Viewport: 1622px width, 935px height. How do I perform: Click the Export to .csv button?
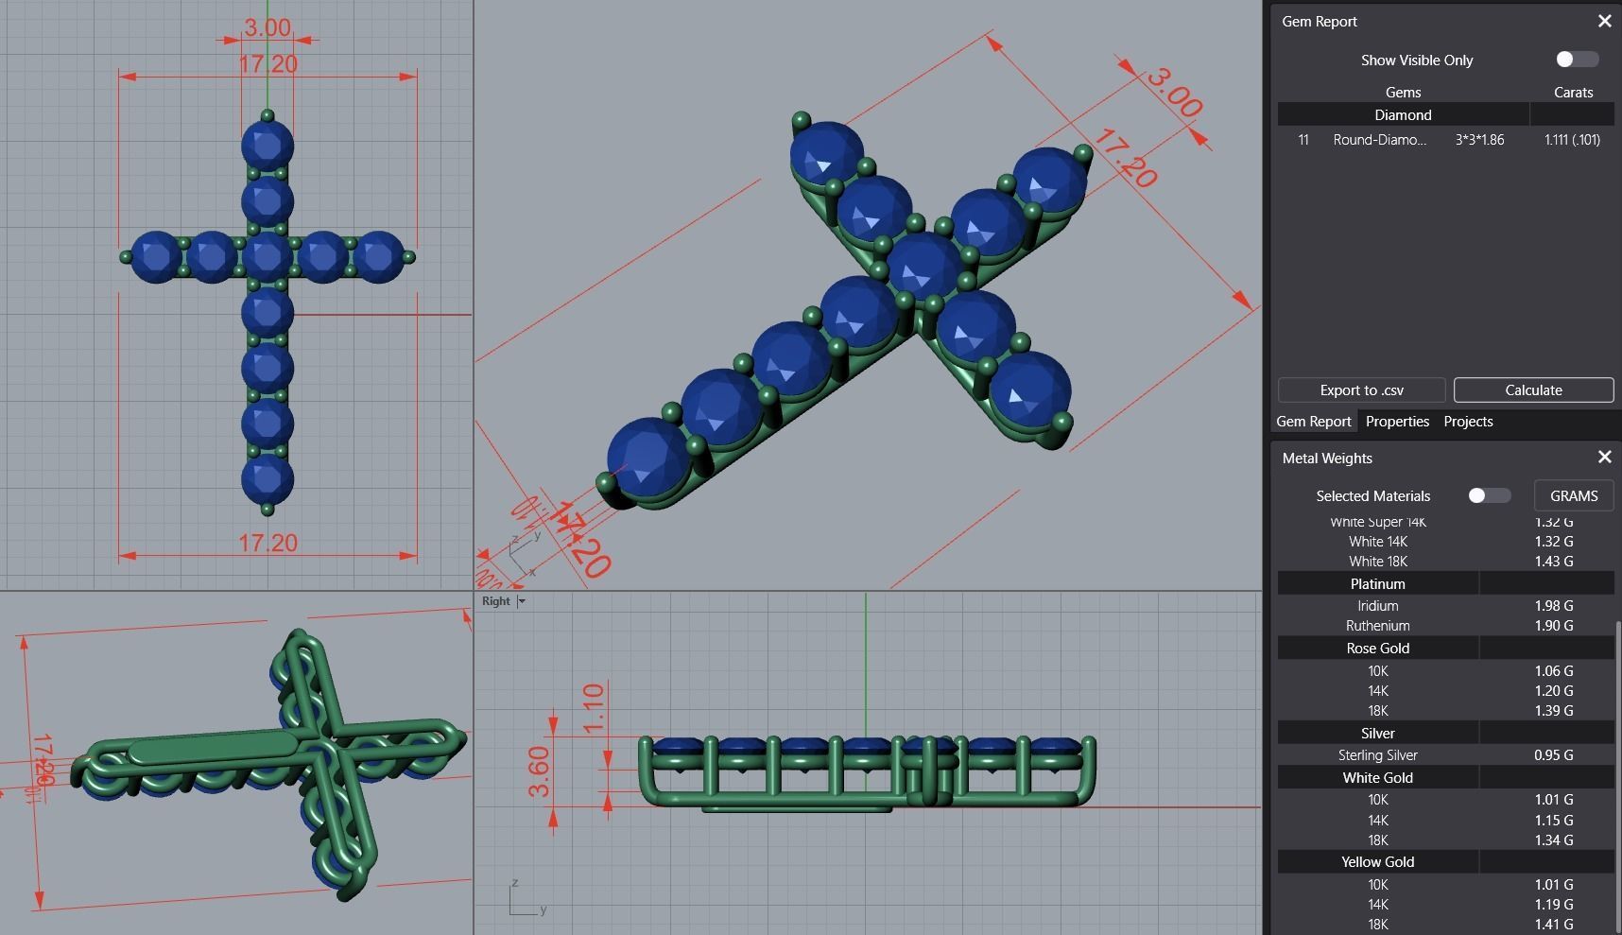tap(1361, 390)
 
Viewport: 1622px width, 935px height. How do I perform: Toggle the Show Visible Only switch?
tap(1577, 60)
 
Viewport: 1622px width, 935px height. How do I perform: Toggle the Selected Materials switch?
tap(1489, 495)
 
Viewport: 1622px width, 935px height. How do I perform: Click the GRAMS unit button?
tap(1573, 495)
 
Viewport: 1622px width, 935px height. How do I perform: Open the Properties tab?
tap(1396, 422)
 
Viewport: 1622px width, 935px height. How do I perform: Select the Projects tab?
tap(1468, 422)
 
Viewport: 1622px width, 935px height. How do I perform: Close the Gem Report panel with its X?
tap(1604, 21)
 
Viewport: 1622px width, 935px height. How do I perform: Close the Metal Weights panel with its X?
tap(1604, 458)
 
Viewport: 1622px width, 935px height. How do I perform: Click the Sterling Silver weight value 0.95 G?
tap(1553, 755)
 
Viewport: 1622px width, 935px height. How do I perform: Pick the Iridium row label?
tap(1377, 606)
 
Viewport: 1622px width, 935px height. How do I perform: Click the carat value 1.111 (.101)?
tap(1572, 140)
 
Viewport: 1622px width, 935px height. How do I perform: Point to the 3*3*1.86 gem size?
tap(1479, 140)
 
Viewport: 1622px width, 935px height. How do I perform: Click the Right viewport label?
tap(495, 601)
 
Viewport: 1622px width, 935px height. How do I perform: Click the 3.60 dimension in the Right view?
tap(538, 771)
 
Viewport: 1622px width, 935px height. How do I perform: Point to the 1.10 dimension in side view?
tap(593, 708)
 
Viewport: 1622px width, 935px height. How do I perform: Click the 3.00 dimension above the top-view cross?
tap(267, 27)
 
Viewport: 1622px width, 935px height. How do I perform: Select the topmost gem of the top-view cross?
tap(267, 147)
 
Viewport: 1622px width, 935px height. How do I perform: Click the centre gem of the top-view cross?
tap(267, 256)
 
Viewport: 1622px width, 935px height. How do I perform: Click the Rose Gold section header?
tap(1377, 649)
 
